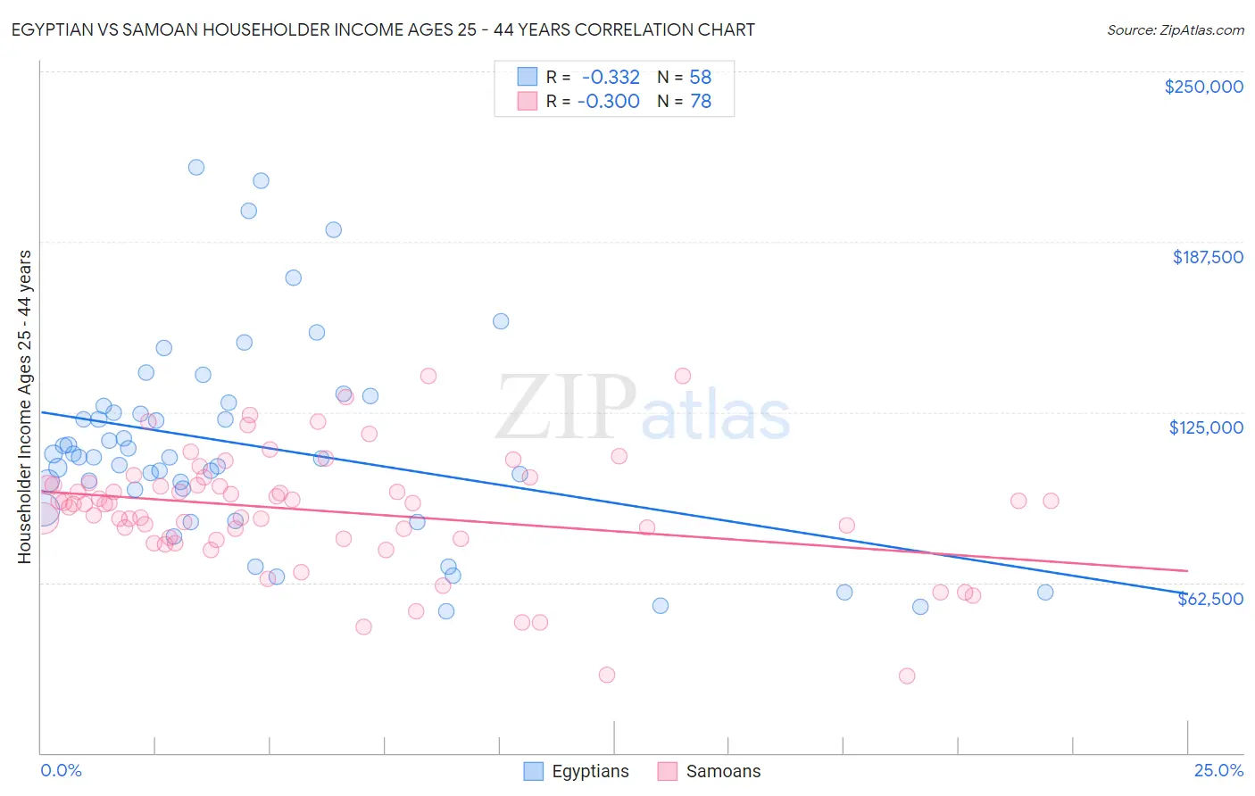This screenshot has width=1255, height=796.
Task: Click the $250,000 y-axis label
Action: (x=1203, y=87)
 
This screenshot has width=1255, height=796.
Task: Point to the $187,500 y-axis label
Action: (x=1208, y=257)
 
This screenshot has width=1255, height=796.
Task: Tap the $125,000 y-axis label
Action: (x=1206, y=427)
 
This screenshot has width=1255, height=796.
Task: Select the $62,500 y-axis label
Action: (x=1210, y=599)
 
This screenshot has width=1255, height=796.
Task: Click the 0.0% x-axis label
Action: (x=61, y=770)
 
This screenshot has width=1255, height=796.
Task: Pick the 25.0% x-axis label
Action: (x=1218, y=770)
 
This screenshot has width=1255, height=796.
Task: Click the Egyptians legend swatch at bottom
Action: (x=533, y=771)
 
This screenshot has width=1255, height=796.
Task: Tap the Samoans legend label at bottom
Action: (x=723, y=771)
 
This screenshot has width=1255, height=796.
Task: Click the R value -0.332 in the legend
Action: (x=611, y=78)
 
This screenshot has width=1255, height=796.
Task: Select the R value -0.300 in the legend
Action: (x=609, y=102)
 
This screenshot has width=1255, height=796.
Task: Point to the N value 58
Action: (x=701, y=78)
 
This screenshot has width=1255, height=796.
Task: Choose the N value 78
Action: (x=701, y=102)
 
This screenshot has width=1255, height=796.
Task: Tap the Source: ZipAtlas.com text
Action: (x=1176, y=29)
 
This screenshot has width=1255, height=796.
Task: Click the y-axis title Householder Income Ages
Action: (x=24, y=407)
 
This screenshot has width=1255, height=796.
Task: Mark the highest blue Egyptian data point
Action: (x=196, y=167)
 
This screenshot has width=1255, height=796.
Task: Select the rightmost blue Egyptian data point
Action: (x=1045, y=593)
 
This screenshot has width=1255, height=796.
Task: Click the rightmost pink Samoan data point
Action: (x=1051, y=501)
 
